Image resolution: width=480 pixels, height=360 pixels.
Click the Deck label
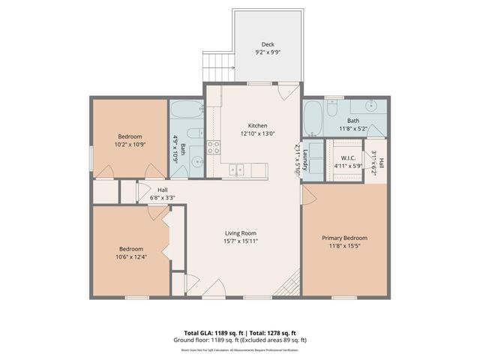[x=268, y=43]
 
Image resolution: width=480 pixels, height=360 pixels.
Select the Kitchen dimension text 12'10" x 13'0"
[x=257, y=133]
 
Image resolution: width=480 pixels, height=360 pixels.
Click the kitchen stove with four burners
[x=214, y=147]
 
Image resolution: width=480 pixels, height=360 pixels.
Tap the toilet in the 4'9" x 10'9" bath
[x=192, y=135]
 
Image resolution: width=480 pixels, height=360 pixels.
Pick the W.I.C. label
[x=347, y=158]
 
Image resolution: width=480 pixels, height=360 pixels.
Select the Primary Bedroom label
[x=345, y=238]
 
